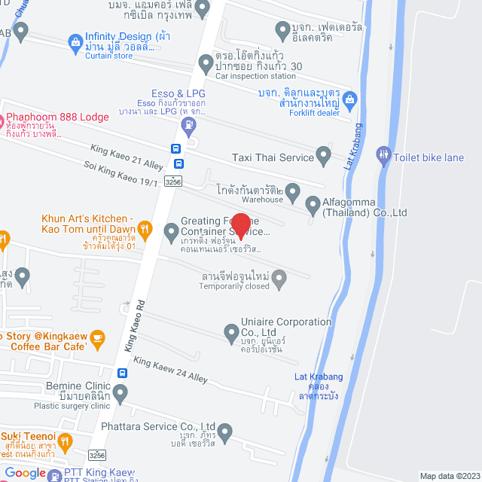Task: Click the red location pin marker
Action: pyautogui.click(x=239, y=224)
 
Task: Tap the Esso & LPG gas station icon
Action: pyautogui.click(x=190, y=124)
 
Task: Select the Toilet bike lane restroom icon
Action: pyautogui.click(x=383, y=157)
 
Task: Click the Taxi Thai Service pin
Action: pyautogui.click(x=324, y=157)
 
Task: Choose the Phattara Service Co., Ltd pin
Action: pyautogui.click(x=224, y=432)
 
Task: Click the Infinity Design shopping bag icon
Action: pyautogui.click(x=75, y=41)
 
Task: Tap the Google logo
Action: pyautogui.click(x=25, y=472)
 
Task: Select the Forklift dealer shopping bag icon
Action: pyautogui.click(x=349, y=99)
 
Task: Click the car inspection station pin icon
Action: pyautogui.click(x=205, y=63)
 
